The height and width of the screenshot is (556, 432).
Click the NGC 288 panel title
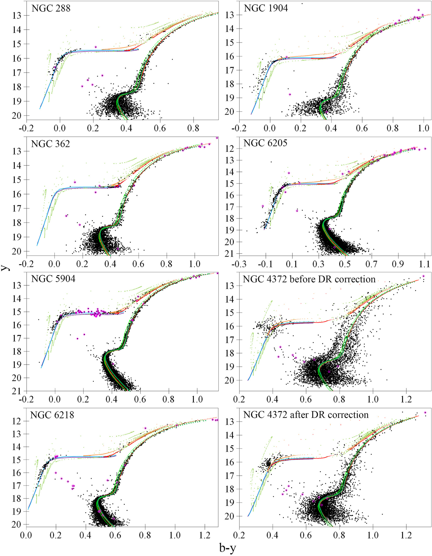51,8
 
